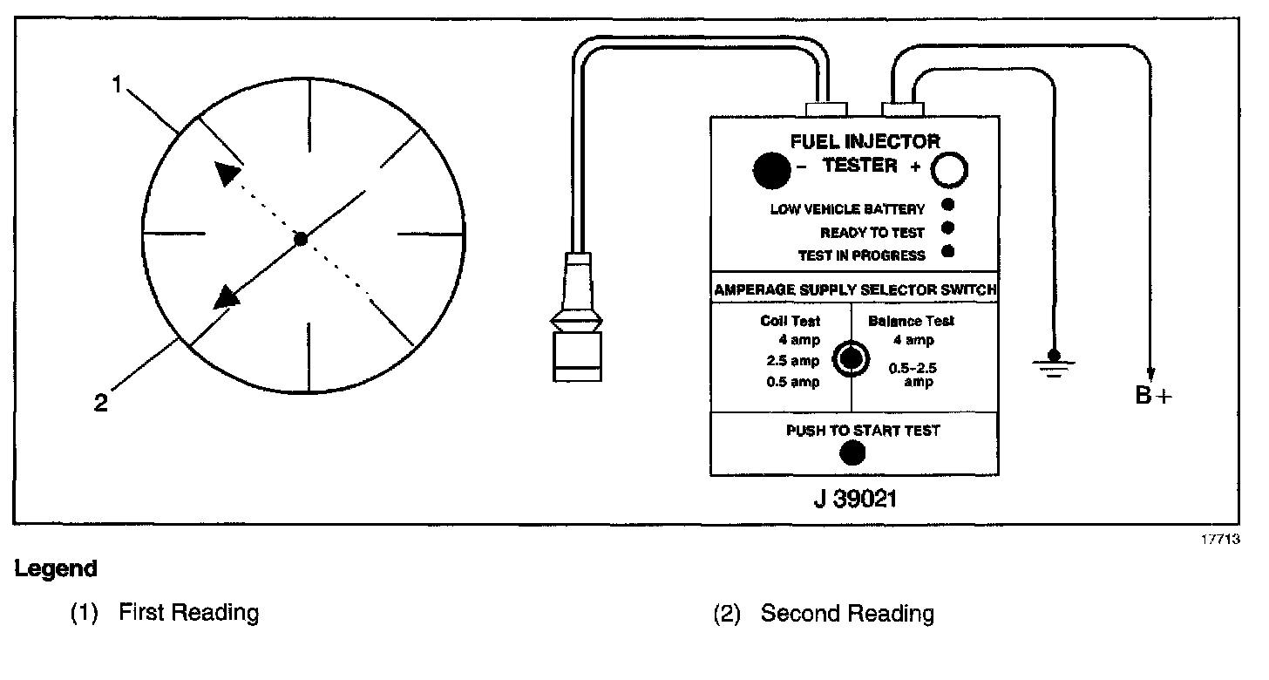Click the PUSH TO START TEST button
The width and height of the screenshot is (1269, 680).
click(x=852, y=452)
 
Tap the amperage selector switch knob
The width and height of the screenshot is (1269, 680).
click(x=851, y=358)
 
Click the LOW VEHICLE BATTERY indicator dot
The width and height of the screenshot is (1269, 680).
click(x=948, y=206)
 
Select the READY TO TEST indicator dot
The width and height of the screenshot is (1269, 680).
click(x=948, y=229)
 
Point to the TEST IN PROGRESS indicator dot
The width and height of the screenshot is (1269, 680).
click(x=948, y=253)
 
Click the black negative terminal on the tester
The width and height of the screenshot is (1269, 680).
click(x=770, y=170)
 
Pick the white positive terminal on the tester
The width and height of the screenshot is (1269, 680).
click(x=951, y=171)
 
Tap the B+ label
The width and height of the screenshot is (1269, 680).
click(x=1153, y=396)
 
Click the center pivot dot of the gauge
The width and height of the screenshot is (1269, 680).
click(x=300, y=238)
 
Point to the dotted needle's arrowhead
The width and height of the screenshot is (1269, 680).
click(x=227, y=173)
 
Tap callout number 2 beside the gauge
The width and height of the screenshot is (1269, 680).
click(x=101, y=404)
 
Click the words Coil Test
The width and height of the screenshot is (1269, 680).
click(x=790, y=321)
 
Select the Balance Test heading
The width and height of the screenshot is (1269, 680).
click(x=911, y=321)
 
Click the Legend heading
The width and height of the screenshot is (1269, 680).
click(x=56, y=569)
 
